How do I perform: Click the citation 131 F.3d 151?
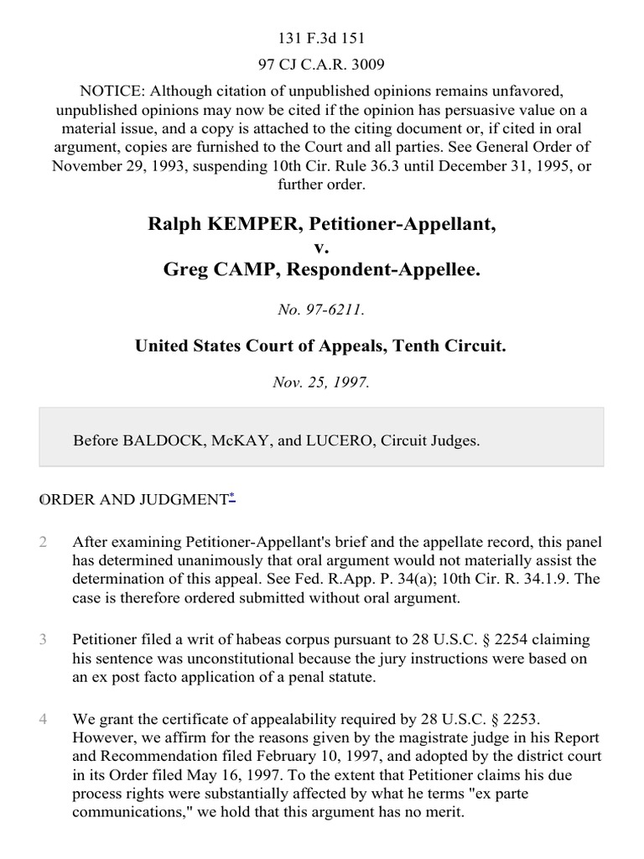click(321, 38)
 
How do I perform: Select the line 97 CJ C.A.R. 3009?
click(321, 62)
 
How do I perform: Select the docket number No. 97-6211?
click(321, 310)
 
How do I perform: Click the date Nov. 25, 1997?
click(321, 382)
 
